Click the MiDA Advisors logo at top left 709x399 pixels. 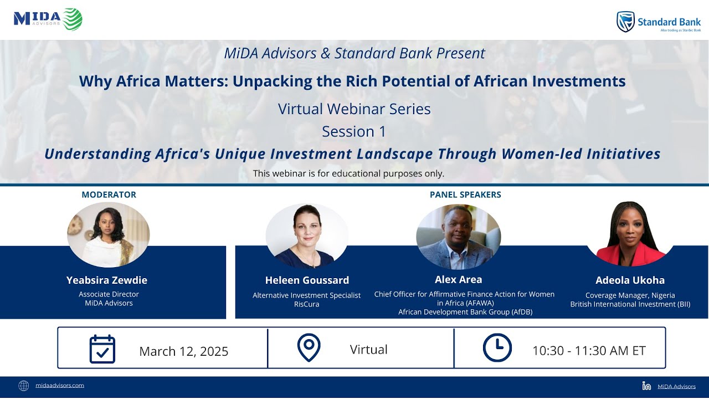pyautogui.click(x=48, y=19)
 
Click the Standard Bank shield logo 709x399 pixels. pyautogui.click(x=625, y=22)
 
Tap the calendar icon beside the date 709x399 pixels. pyautogui.click(x=102, y=349)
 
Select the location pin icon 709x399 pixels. pyautogui.click(x=309, y=348)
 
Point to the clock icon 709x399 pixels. pyautogui.click(x=497, y=348)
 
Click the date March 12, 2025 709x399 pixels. pyautogui.click(x=183, y=351)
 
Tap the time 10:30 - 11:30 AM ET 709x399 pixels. pyautogui.click(x=589, y=351)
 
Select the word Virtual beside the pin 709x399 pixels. pyautogui.click(x=368, y=350)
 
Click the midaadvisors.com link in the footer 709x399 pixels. pyautogui.click(x=59, y=385)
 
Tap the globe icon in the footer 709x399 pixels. pyautogui.click(x=23, y=386)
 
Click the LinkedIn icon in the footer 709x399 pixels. pyautogui.click(x=646, y=386)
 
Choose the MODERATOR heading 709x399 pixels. pyautogui.click(x=109, y=195)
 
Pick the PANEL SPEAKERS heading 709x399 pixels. pyautogui.click(x=465, y=195)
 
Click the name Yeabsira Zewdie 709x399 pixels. pyautogui.click(x=107, y=280)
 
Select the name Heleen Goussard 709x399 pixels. pyautogui.click(x=307, y=280)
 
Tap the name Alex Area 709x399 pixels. pyautogui.click(x=458, y=279)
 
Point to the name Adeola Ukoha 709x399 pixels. pyautogui.click(x=630, y=280)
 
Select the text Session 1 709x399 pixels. pyautogui.click(x=354, y=132)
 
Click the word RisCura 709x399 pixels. pyautogui.click(x=306, y=304)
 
